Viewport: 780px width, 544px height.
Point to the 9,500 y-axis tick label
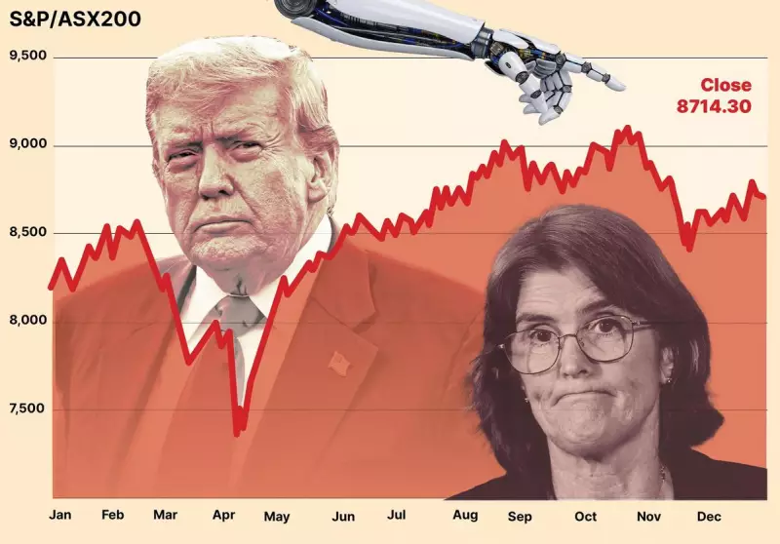(27, 56)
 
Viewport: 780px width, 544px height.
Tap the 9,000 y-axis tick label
(27, 143)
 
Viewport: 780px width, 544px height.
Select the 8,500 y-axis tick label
(27, 232)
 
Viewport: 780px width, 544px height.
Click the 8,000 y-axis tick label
(27, 320)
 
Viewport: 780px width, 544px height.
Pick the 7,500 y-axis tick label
(27, 408)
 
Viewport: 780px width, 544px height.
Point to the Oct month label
(585, 514)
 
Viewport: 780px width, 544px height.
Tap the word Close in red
(725, 86)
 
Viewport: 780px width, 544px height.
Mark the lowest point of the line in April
(237, 433)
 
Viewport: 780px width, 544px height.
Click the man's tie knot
(239, 310)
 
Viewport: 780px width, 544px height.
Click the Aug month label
(466, 514)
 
